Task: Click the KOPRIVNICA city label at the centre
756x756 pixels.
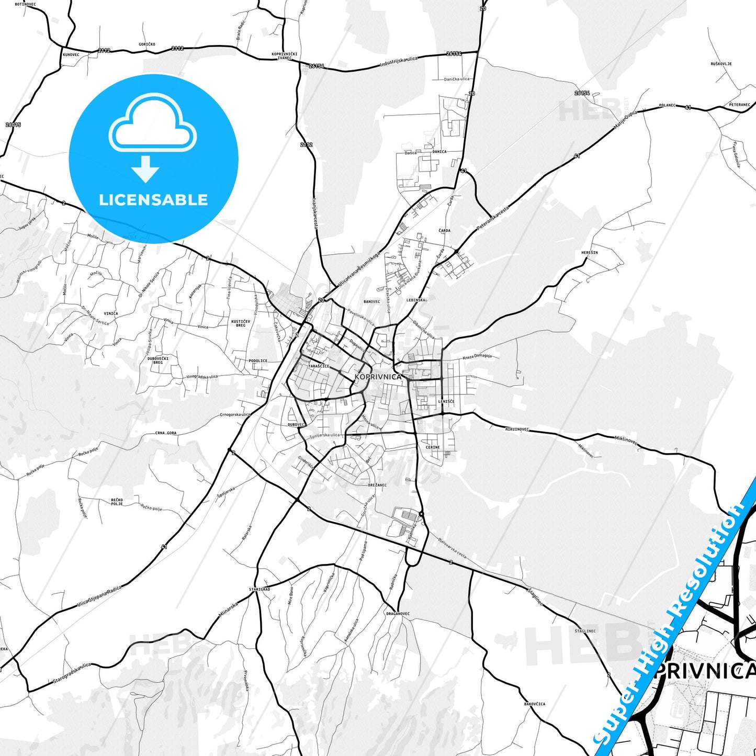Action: [378, 377]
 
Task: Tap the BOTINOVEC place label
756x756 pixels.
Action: [25, 4]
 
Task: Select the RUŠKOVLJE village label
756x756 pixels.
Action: [721, 64]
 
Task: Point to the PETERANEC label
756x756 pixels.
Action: [739, 105]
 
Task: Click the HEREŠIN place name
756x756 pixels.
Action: [589, 253]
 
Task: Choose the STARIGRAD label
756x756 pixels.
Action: [259, 589]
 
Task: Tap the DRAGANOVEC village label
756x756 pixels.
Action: [398, 614]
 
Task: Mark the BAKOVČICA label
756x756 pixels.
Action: [534, 704]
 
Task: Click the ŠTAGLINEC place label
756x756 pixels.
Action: [585, 631]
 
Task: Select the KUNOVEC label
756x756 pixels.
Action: [71, 54]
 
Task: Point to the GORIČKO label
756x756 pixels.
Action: [147, 44]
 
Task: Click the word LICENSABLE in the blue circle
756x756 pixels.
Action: [153, 200]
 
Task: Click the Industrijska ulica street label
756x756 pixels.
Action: [399, 62]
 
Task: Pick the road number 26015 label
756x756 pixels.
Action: [13, 125]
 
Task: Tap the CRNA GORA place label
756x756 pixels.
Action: [166, 433]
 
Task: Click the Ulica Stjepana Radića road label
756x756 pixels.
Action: [99, 596]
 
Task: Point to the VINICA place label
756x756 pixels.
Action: [111, 313]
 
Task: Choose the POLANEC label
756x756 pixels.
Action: [667, 106]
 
